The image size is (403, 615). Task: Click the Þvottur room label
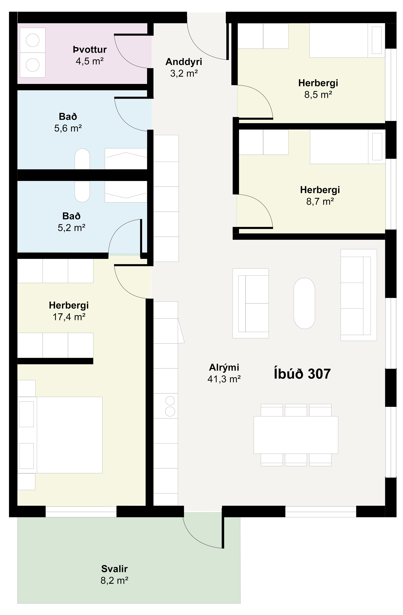pyautogui.click(x=90, y=49)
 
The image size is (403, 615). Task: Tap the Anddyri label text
pyautogui.click(x=184, y=62)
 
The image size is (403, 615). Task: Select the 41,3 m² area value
pyautogui.click(x=224, y=379)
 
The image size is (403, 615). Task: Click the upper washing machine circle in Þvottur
pyautogui.click(x=33, y=40)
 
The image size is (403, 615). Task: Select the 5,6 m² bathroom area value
pyautogui.click(x=68, y=128)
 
